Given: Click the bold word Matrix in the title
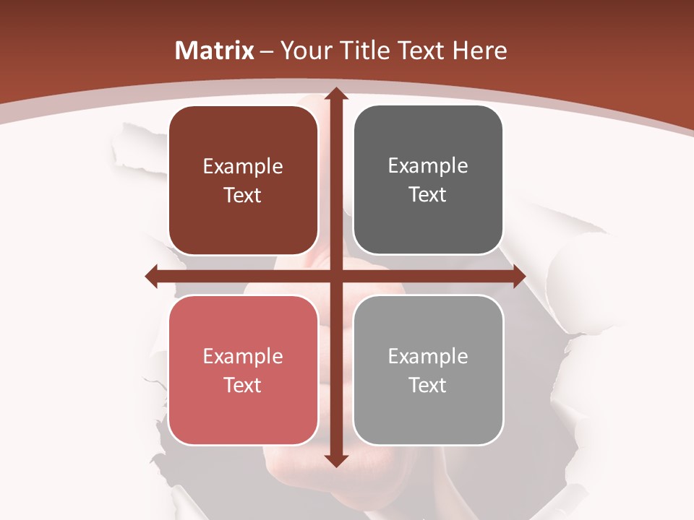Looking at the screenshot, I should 215,51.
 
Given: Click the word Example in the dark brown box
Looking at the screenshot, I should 243,167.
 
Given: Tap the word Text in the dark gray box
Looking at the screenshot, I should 428,195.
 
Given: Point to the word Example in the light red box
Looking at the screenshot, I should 243,356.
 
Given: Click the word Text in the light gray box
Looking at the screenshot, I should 428,385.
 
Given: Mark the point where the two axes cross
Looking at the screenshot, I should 335,276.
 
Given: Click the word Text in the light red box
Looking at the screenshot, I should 243,385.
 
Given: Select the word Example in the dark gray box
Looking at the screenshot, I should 428,166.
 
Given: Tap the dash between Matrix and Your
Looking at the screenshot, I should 267,51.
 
